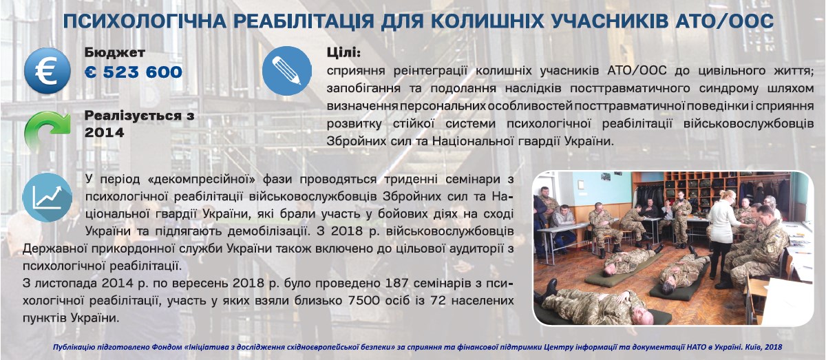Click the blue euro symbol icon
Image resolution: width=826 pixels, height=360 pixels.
[47, 70]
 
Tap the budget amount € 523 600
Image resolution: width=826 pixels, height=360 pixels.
[134, 72]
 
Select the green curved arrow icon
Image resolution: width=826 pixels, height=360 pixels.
[47, 131]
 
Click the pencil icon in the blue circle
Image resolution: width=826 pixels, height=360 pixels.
[287, 71]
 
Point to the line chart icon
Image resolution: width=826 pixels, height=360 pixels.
[47, 198]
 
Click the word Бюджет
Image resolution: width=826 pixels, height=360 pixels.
[115, 53]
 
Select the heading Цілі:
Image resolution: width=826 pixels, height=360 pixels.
[343, 53]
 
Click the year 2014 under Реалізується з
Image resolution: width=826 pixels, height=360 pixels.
[105, 132]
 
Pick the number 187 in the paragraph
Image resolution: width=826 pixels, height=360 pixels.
[396, 283]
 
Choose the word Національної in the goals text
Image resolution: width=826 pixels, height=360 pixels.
[468, 141]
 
